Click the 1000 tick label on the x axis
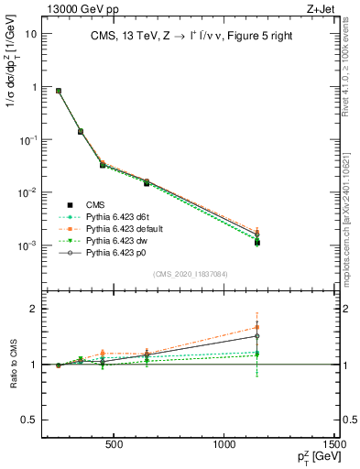pyautogui.click(x=225, y=445)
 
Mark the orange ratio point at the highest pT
pyautogui.click(x=257, y=327)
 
